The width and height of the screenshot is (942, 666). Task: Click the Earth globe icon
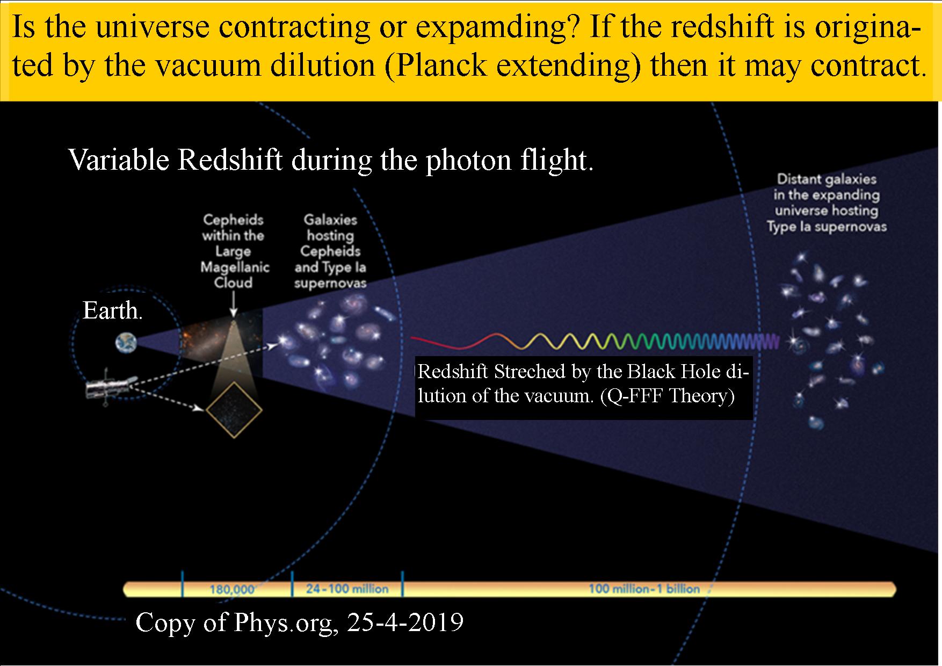tap(126, 343)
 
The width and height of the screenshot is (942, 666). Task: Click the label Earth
tap(112, 310)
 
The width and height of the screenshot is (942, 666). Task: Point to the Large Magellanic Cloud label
tap(234, 251)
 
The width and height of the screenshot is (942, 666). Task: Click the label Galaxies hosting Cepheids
tap(330, 251)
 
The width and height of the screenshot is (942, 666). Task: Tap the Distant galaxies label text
tap(827, 203)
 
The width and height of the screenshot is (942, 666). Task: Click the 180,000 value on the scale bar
tap(231, 589)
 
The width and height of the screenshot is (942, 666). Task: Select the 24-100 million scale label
tap(347, 589)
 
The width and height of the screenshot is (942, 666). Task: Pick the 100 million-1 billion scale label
tap(644, 589)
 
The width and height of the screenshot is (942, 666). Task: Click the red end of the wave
tap(412, 338)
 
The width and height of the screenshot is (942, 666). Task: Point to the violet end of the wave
tap(777, 342)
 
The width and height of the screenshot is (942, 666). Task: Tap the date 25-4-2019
tap(405, 622)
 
